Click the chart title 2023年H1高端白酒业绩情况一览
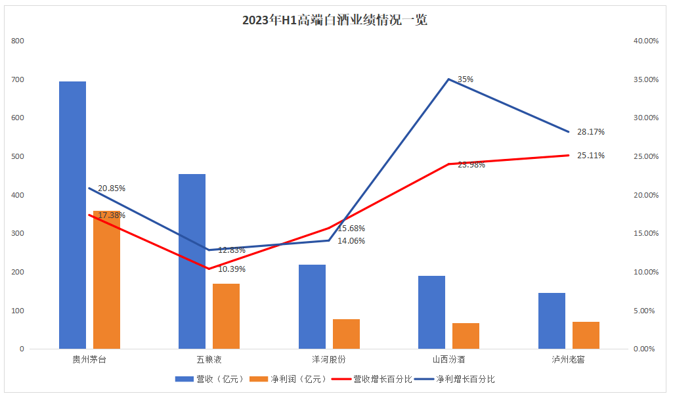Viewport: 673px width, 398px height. pyautogui.click(x=335, y=20)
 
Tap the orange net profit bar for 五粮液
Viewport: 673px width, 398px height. pyautogui.click(x=226, y=316)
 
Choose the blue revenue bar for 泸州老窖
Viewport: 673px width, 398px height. pyautogui.click(x=552, y=321)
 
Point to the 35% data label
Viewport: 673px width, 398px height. pyautogui.click(x=465, y=79)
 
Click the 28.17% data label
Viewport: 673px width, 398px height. pyautogui.click(x=590, y=132)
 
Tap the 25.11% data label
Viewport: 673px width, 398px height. pyautogui.click(x=590, y=156)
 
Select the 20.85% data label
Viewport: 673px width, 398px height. pyautogui.click(x=112, y=188)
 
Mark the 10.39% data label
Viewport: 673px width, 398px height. pyautogui.click(x=232, y=269)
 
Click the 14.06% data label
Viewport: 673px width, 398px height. pyautogui.click(x=351, y=241)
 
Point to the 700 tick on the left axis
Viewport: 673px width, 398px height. pyautogui.click(x=17, y=79)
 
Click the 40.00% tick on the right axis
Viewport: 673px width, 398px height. pyautogui.click(x=645, y=41)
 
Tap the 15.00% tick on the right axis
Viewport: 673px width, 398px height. pyautogui.click(x=645, y=234)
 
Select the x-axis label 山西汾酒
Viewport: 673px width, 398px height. pyautogui.click(x=449, y=360)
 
